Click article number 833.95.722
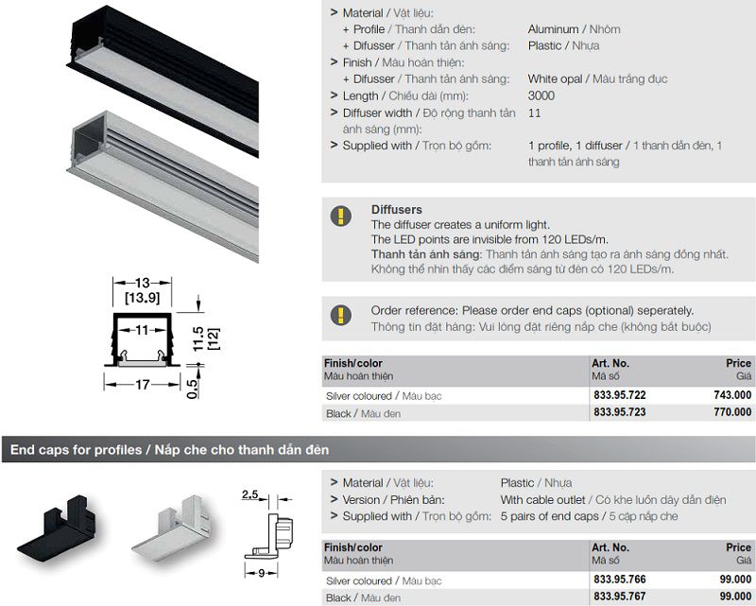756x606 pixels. coord(620,395)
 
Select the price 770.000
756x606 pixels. coord(732,412)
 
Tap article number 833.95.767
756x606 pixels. coord(620,597)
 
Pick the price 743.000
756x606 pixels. coord(732,395)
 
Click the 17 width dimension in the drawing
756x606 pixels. coord(143,385)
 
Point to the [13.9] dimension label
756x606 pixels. coord(143,298)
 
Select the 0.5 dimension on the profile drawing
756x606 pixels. coord(192,389)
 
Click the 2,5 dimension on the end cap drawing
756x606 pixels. coord(249,494)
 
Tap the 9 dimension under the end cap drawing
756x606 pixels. coord(262,573)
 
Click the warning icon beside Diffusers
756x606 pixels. coord(341,216)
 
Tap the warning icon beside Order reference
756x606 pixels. coord(341,315)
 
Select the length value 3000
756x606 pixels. coord(541,95)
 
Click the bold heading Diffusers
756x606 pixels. coord(396,210)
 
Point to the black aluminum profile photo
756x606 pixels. coord(163,79)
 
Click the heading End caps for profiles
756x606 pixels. coord(77,450)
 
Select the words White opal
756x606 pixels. coord(555,79)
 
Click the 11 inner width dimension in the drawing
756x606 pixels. coord(143,331)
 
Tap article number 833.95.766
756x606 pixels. coord(620,580)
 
